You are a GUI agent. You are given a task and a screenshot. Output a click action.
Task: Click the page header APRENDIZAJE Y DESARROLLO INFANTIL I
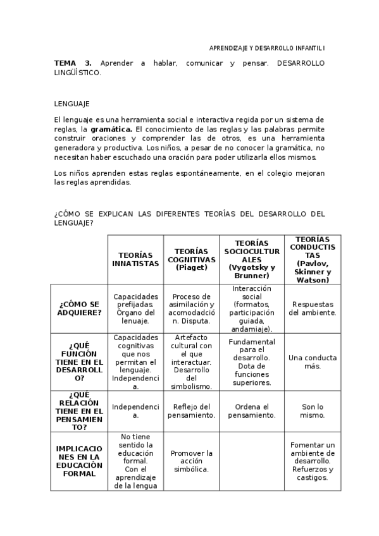(267, 48)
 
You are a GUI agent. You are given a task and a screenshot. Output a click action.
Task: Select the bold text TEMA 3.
(73, 64)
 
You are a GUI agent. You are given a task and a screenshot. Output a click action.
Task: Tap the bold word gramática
(111, 129)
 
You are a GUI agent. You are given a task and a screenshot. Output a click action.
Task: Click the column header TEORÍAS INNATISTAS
(135, 259)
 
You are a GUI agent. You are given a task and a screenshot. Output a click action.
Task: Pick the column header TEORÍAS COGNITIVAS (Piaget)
(191, 259)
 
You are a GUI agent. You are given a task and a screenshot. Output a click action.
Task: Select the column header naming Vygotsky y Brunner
(251, 259)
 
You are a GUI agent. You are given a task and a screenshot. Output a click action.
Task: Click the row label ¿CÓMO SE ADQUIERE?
(79, 308)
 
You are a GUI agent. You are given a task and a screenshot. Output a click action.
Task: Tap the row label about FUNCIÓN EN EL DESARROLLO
(79, 362)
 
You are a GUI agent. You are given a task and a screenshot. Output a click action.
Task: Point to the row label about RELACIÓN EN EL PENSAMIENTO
(79, 410)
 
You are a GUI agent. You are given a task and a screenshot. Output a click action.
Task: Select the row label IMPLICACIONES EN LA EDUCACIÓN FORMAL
(79, 461)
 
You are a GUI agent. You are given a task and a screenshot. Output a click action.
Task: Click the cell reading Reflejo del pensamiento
(191, 411)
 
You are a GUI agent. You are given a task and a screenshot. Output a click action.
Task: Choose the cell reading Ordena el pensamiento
(251, 411)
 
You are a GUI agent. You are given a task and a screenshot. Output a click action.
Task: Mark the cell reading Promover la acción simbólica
(191, 461)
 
